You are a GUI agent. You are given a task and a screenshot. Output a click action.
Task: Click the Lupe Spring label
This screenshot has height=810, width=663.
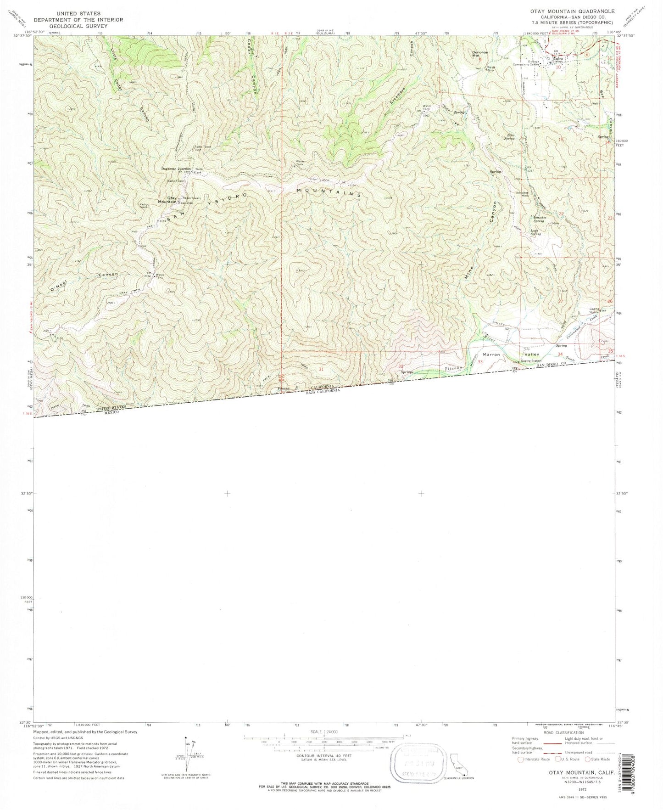[x=536, y=232]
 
